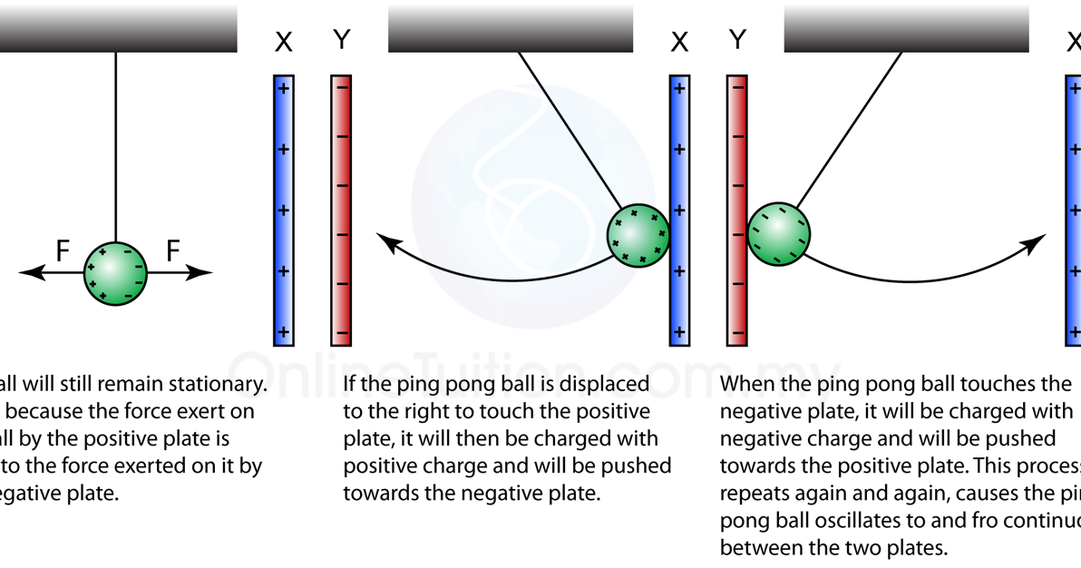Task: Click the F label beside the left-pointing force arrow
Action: (x=63, y=250)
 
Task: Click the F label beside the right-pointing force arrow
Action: (x=173, y=250)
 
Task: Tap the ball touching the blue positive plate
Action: (x=638, y=235)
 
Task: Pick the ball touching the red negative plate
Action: (x=778, y=234)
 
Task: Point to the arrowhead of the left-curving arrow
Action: (x=386, y=242)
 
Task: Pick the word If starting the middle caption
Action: (x=350, y=384)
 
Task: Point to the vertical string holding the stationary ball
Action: (x=116, y=145)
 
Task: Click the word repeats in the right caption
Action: (x=752, y=495)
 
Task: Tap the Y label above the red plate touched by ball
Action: (x=738, y=40)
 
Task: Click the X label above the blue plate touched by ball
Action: (x=679, y=42)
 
